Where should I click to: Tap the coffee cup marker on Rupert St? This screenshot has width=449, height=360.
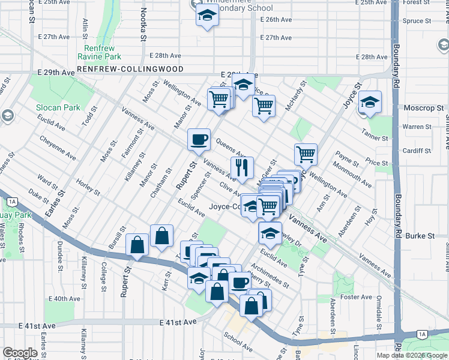(x=199, y=140)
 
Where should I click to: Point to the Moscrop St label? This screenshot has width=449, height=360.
(x=424, y=108)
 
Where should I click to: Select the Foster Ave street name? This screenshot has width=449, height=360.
(x=356, y=296)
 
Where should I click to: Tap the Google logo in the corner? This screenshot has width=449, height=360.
(x=20, y=353)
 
